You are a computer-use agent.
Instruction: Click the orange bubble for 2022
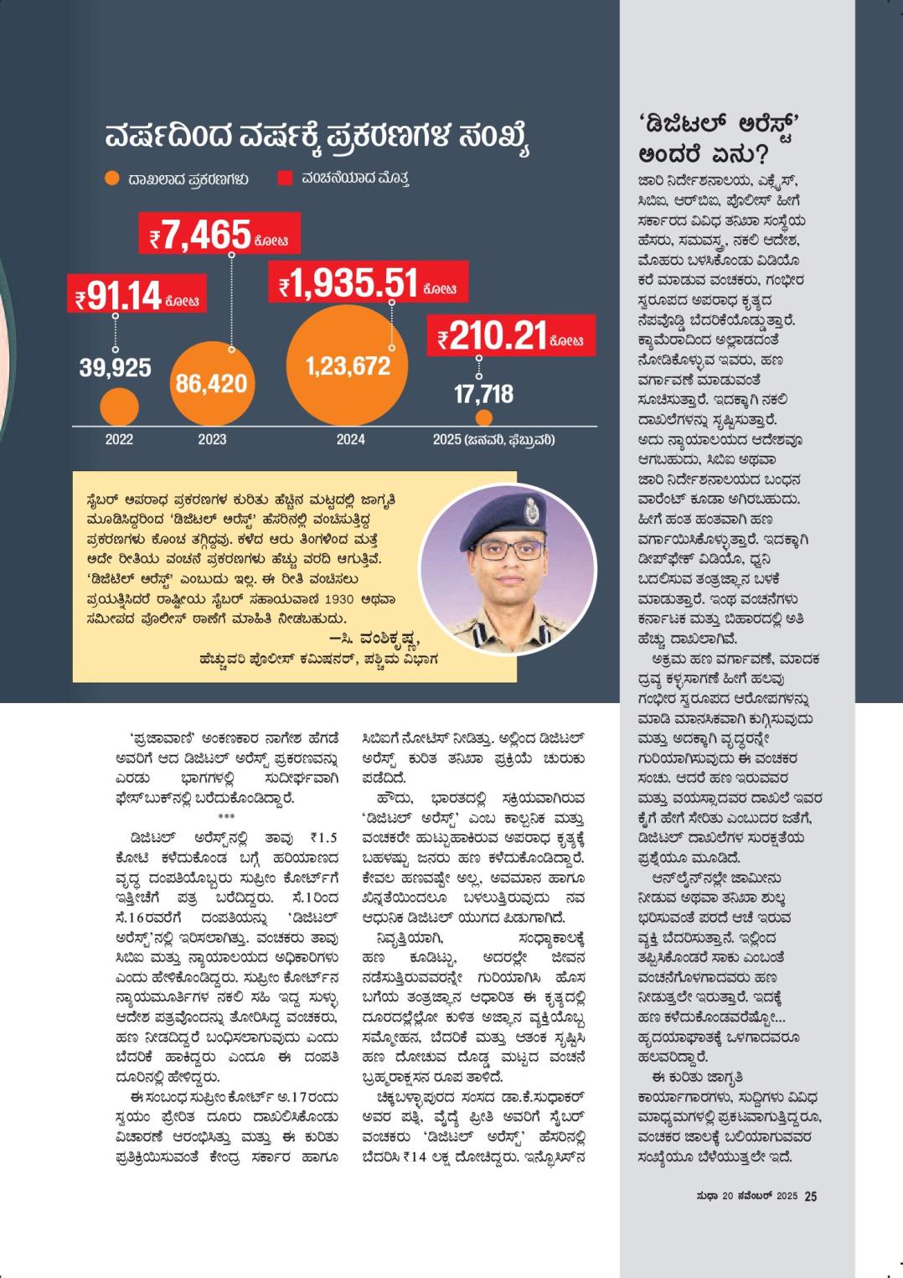[119, 408]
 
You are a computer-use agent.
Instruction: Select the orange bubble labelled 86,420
[211, 383]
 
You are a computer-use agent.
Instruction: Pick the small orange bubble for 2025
[483, 417]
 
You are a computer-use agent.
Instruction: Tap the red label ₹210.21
[511, 337]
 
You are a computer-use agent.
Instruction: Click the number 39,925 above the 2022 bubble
[116, 367]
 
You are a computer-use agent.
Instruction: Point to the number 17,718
[483, 394]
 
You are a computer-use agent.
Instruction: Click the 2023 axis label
[212, 439]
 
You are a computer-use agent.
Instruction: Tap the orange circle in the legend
[112, 179]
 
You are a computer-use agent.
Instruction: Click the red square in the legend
[285, 179]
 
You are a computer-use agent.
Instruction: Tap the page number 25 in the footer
[810, 1197]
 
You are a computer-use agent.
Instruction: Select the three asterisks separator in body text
[226, 817]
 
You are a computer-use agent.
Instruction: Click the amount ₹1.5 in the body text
[324, 836]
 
